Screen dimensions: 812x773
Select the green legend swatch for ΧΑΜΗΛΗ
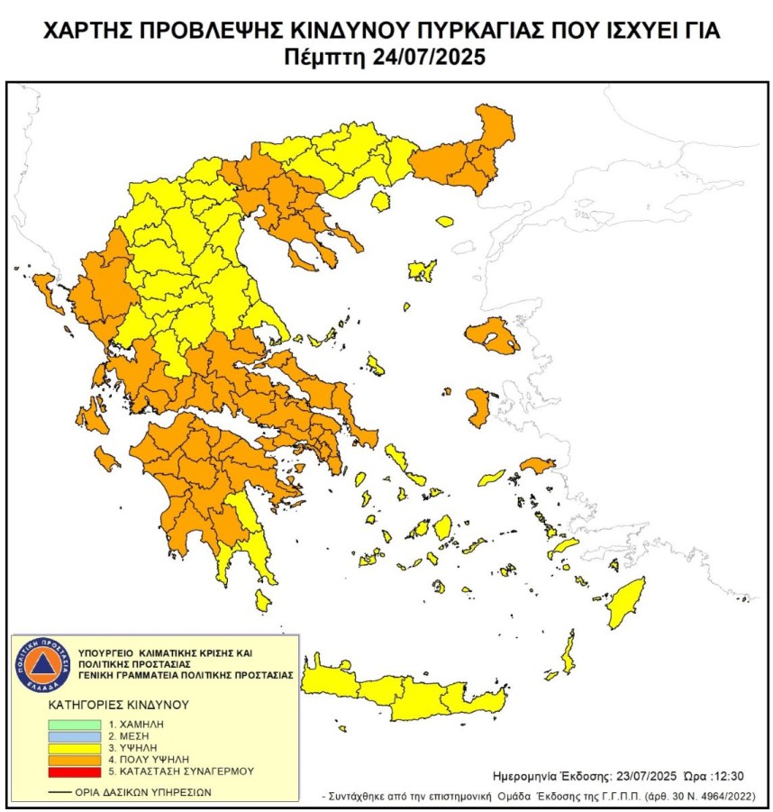[76, 724]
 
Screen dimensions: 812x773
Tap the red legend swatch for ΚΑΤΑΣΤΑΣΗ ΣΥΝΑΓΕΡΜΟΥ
[76, 772]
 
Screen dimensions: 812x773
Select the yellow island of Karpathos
[569, 652]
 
